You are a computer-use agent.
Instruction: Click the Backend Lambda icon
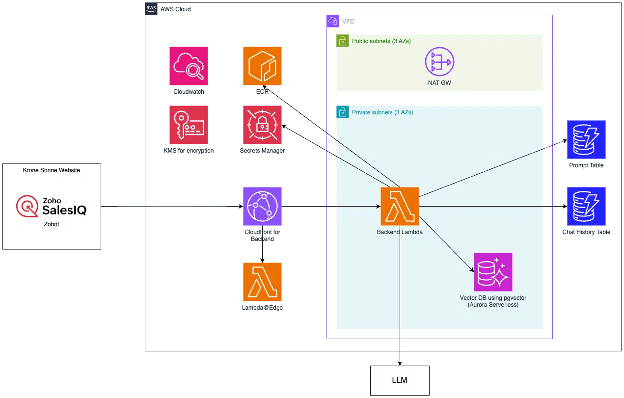point(400,206)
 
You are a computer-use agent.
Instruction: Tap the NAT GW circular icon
point(439,62)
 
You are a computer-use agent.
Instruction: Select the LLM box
point(400,380)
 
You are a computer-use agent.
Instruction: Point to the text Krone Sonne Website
point(52,170)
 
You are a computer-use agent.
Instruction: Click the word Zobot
point(52,223)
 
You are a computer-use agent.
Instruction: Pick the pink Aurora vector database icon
point(492,272)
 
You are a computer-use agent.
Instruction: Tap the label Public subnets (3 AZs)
point(381,41)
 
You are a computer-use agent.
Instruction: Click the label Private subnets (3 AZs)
point(382,112)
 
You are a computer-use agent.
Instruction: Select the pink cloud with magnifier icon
point(189,66)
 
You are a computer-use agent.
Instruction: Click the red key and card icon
point(189,125)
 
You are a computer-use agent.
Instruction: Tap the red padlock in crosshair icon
point(262,125)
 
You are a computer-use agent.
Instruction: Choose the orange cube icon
point(262,66)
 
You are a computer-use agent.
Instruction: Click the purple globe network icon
point(262,206)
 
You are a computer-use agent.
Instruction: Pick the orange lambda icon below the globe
point(262,282)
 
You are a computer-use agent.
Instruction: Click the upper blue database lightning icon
point(587,139)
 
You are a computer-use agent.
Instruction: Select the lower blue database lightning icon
point(587,206)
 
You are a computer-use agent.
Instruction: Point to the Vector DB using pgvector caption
point(492,301)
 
